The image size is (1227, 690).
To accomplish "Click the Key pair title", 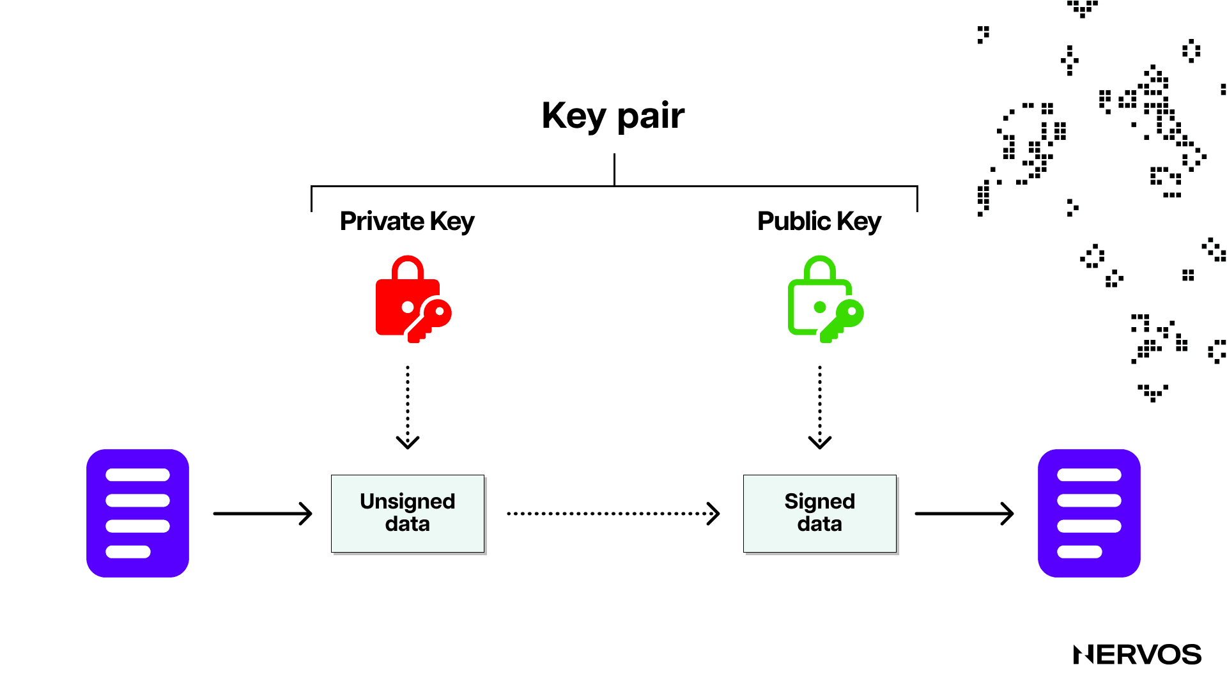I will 613,116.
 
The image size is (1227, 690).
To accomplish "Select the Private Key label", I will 407,222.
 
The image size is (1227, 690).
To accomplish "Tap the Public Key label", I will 819,222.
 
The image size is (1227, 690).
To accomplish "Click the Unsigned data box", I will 408,513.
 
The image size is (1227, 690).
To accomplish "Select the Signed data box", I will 820,513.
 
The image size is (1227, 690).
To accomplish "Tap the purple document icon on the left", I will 137,513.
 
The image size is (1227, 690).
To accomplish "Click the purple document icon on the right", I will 1089,513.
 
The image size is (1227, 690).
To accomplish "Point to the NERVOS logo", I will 1137,655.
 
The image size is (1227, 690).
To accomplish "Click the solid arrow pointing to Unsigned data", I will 262,513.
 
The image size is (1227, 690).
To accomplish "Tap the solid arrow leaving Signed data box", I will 964,513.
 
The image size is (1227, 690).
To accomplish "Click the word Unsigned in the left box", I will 408,502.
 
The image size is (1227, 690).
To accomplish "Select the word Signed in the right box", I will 820,502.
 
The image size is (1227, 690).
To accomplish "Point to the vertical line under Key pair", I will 614,169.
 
